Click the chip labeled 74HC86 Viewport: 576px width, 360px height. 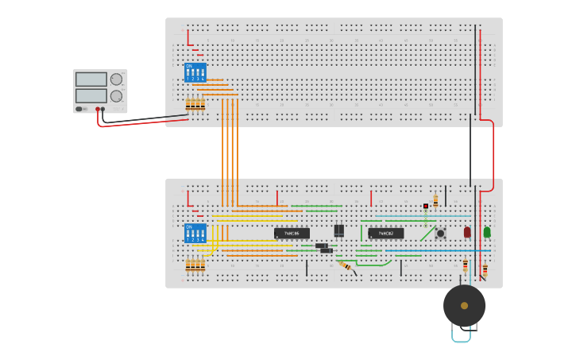292,234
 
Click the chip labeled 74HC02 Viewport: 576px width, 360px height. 386,234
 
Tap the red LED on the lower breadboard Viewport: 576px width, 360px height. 467,232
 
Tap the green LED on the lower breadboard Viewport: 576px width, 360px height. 487,232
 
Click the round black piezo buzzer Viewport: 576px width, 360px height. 464,306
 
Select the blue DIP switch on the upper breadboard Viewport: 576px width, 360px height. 195,73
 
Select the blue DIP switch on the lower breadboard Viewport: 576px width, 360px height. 195,233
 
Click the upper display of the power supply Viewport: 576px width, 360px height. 91,79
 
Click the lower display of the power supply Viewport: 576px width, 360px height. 91,95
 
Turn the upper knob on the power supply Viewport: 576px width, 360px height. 117,79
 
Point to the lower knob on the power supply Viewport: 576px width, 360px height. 117,96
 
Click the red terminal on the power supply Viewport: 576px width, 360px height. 98,110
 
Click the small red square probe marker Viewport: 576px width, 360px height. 426,206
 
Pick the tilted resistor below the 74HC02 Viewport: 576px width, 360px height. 346,265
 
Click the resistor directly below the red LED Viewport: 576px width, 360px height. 466,265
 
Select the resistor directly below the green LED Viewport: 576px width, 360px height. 485,269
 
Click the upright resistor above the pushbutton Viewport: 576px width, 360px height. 435,201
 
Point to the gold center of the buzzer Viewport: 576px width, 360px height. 464,306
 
